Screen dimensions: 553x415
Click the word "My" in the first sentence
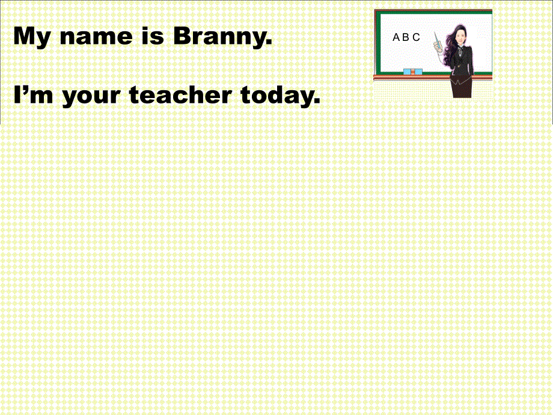(31, 37)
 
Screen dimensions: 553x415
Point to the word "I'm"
(33, 94)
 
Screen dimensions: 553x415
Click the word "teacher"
(180, 94)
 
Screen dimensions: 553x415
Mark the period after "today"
(316, 101)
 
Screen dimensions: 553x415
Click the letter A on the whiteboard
(396, 37)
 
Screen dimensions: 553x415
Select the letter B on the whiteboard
(406, 37)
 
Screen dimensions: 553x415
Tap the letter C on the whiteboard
(416, 37)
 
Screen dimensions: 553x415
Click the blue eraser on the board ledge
(412, 72)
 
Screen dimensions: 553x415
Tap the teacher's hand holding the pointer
(438, 47)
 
